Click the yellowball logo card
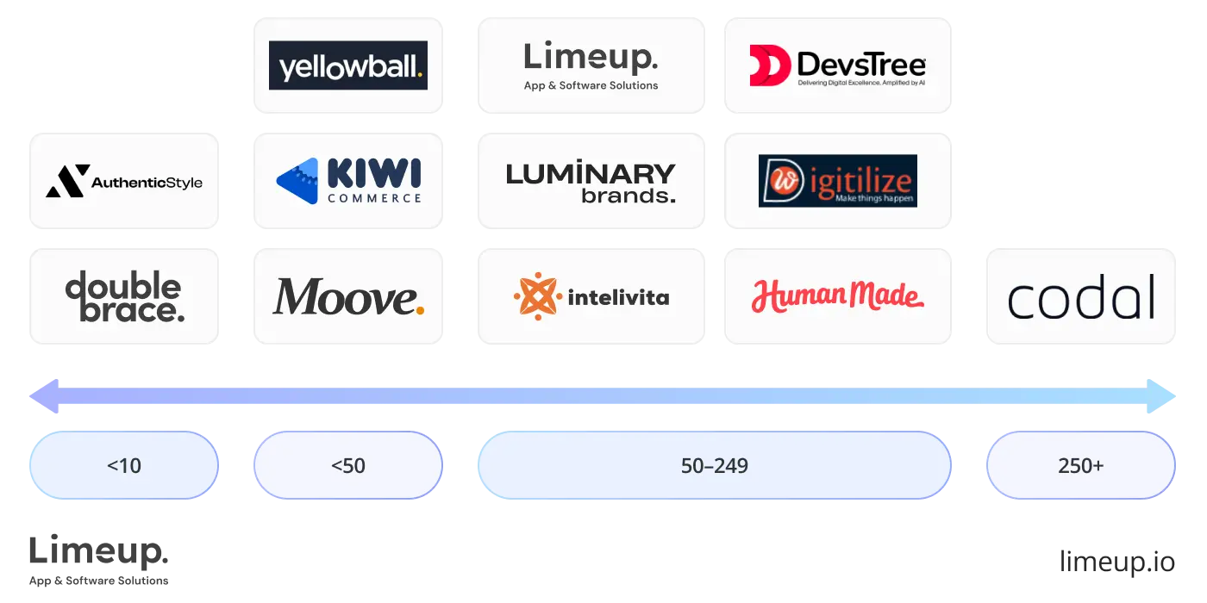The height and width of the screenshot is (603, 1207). [x=348, y=65]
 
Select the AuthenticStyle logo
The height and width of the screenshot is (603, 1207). [x=124, y=181]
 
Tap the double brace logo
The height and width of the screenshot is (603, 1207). [x=124, y=297]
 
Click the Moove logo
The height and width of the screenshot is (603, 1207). [x=348, y=297]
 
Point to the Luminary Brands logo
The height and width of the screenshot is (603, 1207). [x=591, y=182]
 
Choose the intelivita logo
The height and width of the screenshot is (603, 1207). [x=591, y=297]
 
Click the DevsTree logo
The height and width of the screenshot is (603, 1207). [x=837, y=65]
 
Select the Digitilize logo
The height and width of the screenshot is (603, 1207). [x=837, y=181]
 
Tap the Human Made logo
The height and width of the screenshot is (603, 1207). [x=837, y=297]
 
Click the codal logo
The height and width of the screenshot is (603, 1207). [x=1082, y=297]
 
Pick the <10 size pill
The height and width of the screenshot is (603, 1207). [x=124, y=466]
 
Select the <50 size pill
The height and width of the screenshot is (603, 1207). [x=348, y=466]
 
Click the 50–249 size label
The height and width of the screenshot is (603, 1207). [x=714, y=466]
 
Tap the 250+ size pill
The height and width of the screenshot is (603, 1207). [x=1080, y=466]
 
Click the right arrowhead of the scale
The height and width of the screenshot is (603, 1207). [x=1166, y=396]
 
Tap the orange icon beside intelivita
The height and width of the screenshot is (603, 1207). [x=537, y=297]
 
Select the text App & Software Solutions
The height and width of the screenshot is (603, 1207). [x=591, y=85]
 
